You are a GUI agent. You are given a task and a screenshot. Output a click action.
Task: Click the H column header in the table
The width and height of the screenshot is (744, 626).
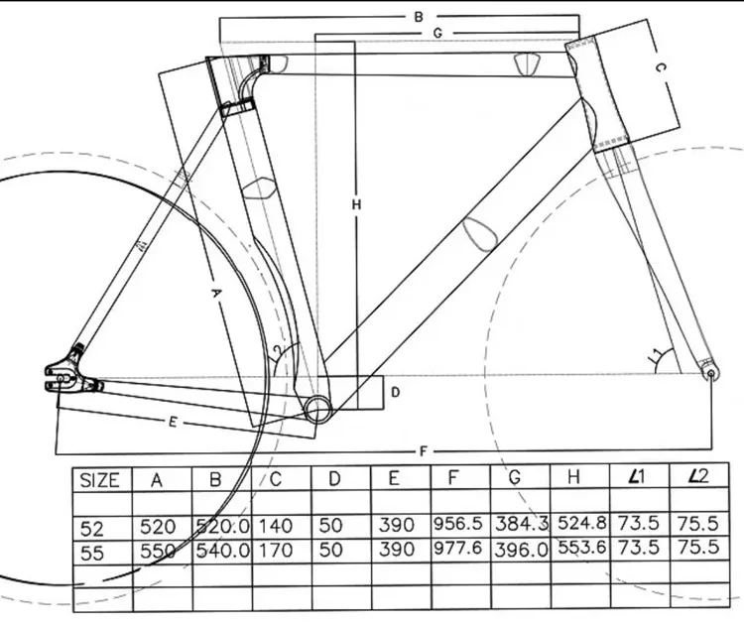573,479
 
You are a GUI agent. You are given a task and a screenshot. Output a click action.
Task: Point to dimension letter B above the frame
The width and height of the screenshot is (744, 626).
419,17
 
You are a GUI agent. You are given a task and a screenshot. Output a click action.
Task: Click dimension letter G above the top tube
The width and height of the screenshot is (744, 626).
435,33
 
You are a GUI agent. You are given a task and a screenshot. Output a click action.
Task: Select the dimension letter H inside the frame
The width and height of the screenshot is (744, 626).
357,204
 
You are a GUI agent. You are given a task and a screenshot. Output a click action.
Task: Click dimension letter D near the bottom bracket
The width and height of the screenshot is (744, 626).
394,392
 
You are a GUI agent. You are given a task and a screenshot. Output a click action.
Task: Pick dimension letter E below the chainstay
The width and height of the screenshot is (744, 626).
172,423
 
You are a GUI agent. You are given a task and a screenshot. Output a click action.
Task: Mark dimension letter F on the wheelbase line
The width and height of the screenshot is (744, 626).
424,452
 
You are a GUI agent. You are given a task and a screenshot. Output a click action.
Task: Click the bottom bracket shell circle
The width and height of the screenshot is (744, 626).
316,405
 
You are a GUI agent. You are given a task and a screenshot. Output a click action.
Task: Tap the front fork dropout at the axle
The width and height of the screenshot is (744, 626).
709,372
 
